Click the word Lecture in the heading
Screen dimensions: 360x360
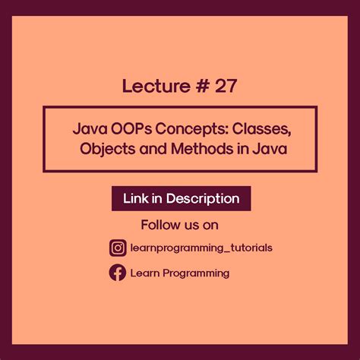pyautogui.click(x=153, y=87)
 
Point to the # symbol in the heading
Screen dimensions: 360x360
pyautogui.click(x=196, y=87)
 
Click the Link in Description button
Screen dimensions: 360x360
pyautogui.click(x=181, y=199)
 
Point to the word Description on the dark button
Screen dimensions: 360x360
pyautogui.click(x=203, y=199)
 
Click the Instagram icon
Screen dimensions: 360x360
pyautogui.click(x=118, y=248)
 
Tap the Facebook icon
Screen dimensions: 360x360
pyautogui.click(x=118, y=273)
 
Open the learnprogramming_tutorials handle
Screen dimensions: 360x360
pyautogui.click(x=201, y=248)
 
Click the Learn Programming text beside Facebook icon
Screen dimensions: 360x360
pyautogui.click(x=179, y=273)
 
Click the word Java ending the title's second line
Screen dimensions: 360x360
pyautogui.click(x=270, y=149)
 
